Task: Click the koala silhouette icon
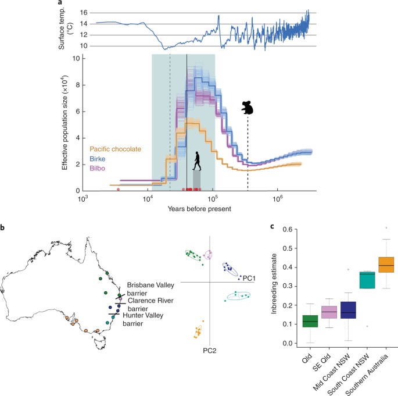(248, 108)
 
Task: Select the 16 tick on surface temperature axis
(83, 12)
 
